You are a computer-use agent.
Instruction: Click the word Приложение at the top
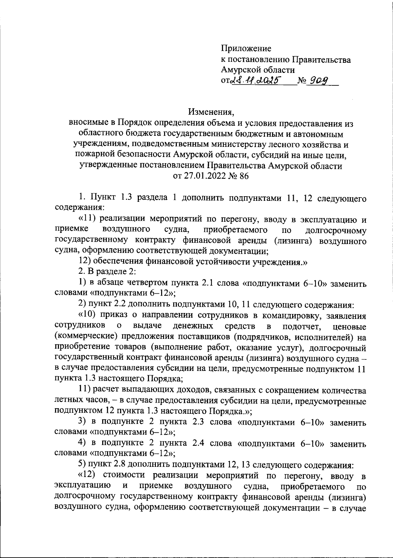[246, 49]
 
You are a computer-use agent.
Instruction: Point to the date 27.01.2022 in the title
[200, 176]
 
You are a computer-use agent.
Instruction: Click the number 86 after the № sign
[244, 176]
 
